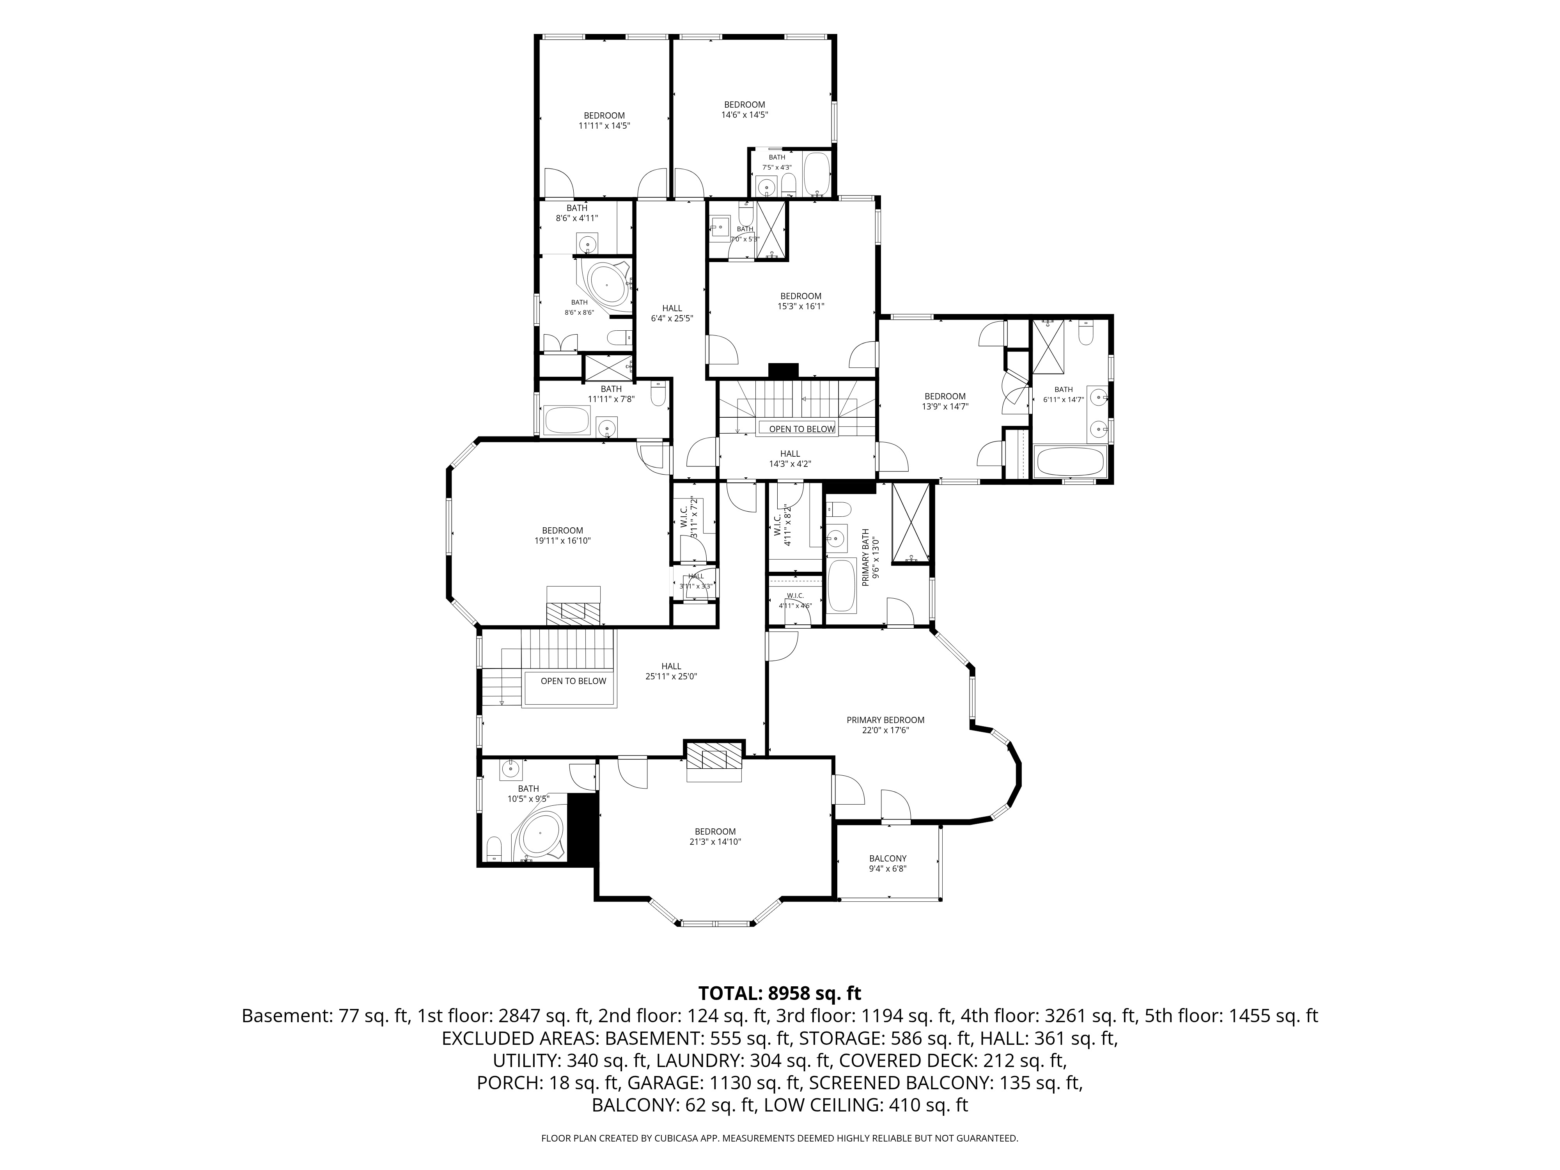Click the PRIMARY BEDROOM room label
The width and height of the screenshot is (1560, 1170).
pyautogui.click(x=885, y=720)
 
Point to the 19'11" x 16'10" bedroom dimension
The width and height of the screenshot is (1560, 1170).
pyautogui.click(x=563, y=541)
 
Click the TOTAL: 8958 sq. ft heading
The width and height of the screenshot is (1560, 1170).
pyautogui.click(x=780, y=993)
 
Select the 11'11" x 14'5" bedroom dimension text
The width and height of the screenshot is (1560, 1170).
pyautogui.click(x=604, y=126)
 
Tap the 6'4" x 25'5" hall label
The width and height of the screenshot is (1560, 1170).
pyautogui.click(x=672, y=318)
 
